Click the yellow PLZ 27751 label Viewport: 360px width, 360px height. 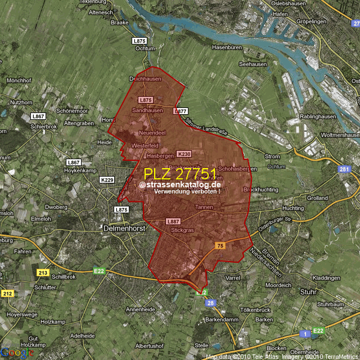click(180, 173)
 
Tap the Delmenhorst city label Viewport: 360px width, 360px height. click(125, 228)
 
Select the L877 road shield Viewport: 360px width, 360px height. click(181, 111)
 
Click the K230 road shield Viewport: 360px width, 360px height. click(184, 154)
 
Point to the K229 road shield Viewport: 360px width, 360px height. click(106, 179)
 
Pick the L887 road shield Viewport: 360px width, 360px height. click(173, 222)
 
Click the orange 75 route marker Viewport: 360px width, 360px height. click(220, 246)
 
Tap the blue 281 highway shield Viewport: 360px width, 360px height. click(345, 169)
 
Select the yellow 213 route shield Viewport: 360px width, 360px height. click(43, 273)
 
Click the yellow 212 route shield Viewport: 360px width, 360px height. click(7, 294)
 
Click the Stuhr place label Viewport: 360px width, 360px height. click(309, 292)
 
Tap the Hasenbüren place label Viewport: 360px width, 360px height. click(227, 47)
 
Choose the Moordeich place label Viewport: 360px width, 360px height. click(278, 285)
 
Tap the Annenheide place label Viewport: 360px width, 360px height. click(141, 309)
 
